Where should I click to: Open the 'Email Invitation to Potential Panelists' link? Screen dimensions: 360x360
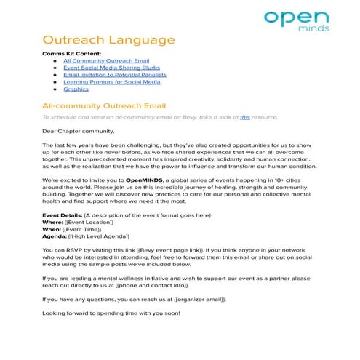point(115,75)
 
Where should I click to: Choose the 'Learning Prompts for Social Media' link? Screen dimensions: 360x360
point(111,82)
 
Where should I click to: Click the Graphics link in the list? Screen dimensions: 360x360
point(76,89)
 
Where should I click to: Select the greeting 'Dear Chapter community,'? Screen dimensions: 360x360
point(78,132)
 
